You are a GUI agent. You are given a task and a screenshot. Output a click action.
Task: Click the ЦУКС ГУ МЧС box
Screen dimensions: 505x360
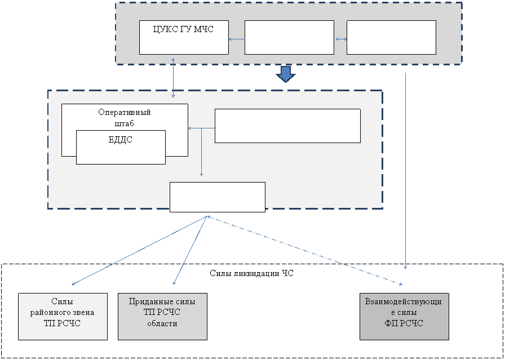[184, 37]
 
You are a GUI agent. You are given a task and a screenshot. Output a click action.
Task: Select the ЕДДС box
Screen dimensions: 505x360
[121, 147]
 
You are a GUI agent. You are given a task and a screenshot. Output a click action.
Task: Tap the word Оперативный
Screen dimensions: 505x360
[125, 112]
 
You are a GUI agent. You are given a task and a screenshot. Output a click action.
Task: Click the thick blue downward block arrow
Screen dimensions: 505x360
[285, 74]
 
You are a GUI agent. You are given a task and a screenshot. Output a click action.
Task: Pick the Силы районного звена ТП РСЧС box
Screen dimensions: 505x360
[63, 316]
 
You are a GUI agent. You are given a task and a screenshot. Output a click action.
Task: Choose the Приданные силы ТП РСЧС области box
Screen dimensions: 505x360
[162, 316]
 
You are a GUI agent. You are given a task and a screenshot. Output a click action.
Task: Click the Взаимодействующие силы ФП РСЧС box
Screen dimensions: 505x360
[404, 316]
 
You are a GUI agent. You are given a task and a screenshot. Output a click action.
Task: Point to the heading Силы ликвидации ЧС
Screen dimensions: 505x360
[252, 273]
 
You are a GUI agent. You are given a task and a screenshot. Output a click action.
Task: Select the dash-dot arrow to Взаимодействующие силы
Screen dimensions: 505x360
[304, 251]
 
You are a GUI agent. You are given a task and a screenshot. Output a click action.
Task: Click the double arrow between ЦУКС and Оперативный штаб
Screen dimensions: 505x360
[173, 78]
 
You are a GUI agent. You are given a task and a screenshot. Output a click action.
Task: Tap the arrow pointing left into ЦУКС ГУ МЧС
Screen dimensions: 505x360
[237, 39]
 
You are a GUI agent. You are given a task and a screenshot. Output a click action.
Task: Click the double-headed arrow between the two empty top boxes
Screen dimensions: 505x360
[341, 39]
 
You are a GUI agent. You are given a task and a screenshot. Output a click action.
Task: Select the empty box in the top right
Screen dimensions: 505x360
[391, 37]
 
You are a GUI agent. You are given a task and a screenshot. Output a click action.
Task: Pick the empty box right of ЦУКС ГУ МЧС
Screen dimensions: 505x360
[289, 37]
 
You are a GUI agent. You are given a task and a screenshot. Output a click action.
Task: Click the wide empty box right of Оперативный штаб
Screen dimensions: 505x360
[287, 126]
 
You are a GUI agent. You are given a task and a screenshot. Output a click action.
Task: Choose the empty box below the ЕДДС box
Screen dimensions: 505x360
[218, 197]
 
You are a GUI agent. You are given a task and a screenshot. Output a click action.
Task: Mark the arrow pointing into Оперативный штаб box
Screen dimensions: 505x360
[201, 128]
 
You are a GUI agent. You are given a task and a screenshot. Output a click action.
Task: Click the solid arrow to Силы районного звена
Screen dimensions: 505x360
[139, 251]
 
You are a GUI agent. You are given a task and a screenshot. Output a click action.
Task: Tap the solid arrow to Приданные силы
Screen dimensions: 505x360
[190, 250]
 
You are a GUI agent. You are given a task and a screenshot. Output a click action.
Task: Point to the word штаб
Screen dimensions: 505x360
[125, 123]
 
